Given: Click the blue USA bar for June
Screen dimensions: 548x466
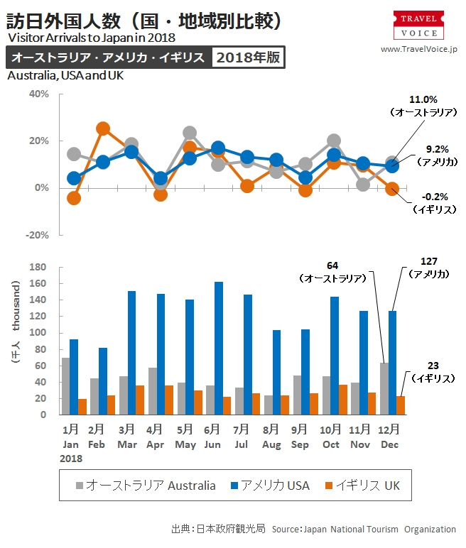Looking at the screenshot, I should click(x=218, y=348).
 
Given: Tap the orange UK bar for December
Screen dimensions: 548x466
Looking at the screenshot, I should click(x=401, y=405).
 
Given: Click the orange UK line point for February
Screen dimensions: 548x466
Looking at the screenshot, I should click(x=103, y=128).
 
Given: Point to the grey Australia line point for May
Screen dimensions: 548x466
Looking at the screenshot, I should click(x=190, y=133).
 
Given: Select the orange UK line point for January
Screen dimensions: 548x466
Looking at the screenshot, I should click(x=74, y=198).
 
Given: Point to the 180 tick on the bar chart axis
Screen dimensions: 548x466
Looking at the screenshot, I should click(x=38, y=267).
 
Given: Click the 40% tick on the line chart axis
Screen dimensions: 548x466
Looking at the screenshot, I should click(x=38, y=94).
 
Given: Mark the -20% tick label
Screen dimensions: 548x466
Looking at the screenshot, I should click(x=37, y=235).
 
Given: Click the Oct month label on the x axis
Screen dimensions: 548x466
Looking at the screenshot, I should click(x=331, y=444).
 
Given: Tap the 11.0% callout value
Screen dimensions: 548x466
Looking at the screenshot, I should click(x=423, y=100).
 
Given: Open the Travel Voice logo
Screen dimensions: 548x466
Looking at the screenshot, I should click(x=418, y=26).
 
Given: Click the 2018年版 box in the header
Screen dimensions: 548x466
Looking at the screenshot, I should click(x=248, y=57).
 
